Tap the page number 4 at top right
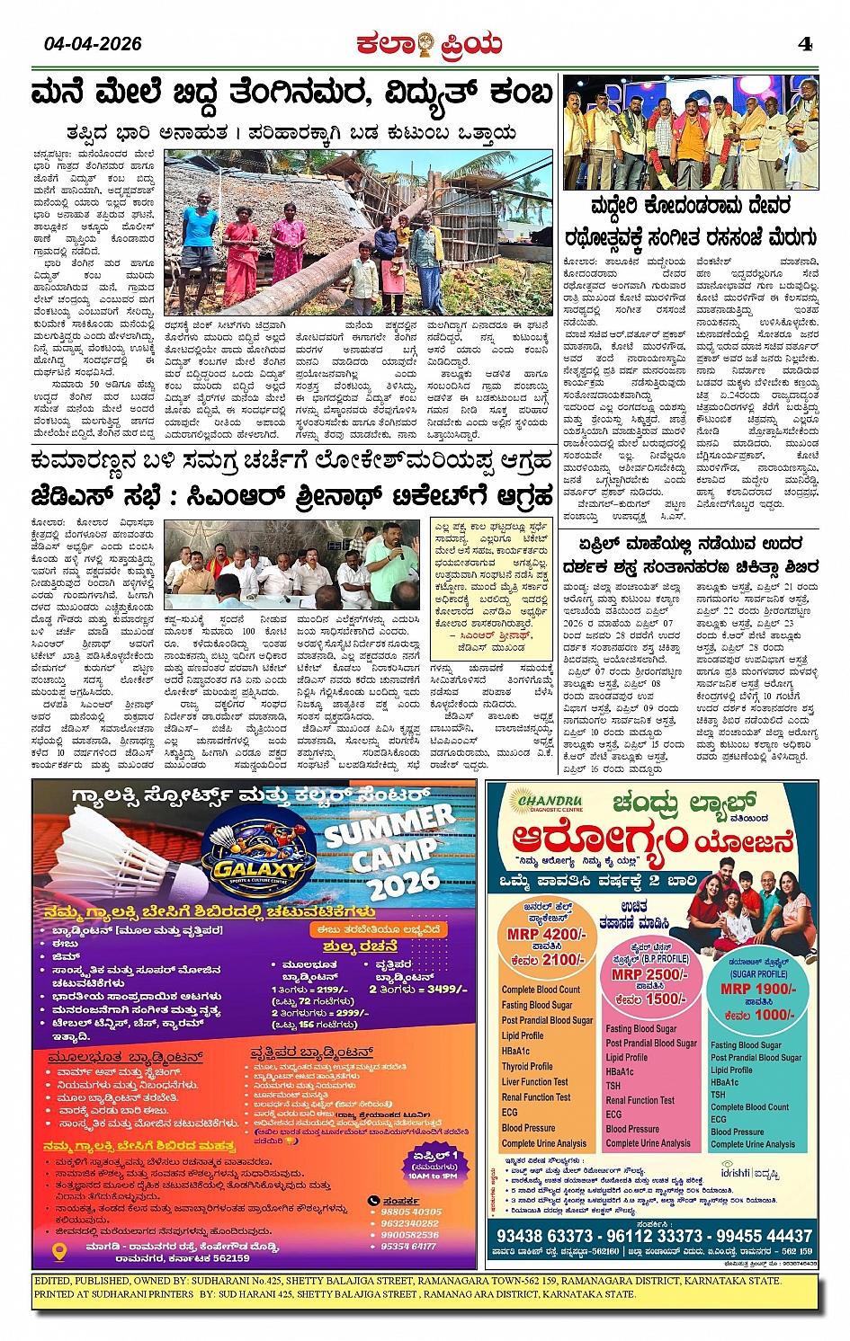tap(804, 44)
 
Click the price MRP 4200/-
tap(546, 934)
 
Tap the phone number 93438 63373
tap(544, 1236)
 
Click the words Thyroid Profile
tap(527, 1066)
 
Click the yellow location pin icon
tap(59, 1251)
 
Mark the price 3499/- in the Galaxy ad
tap(447, 989)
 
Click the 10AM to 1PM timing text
tap(432, 1176)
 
